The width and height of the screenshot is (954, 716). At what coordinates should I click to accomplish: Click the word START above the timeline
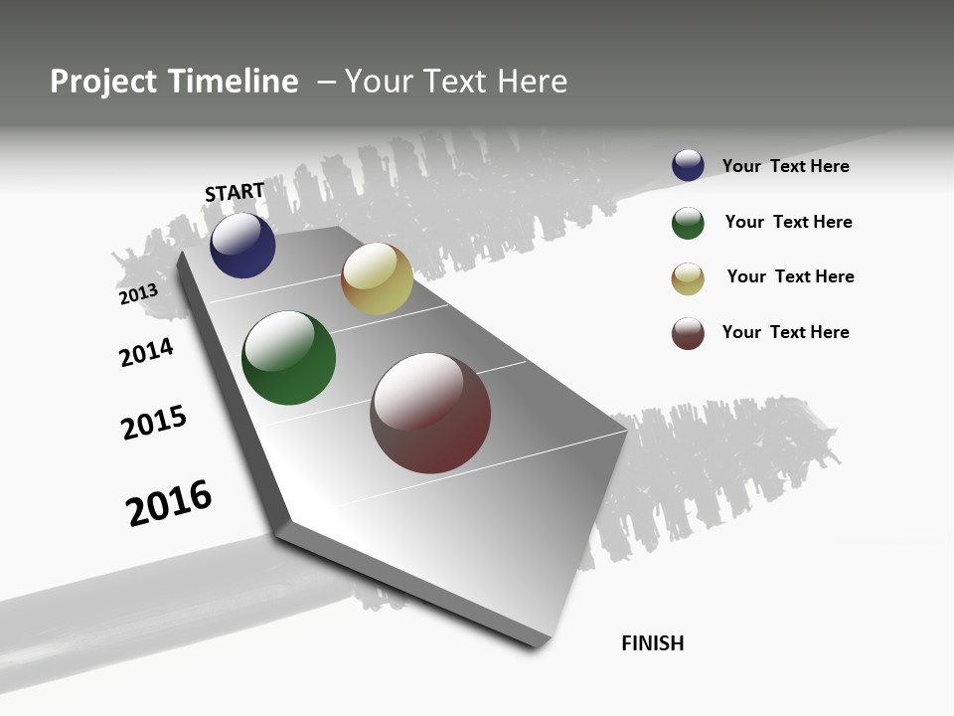coord(235,192)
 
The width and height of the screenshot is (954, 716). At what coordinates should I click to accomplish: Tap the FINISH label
coord(653,643)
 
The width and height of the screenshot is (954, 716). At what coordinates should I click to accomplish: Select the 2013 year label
coord(138,293)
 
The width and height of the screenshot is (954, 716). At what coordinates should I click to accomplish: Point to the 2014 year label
coord(147,352)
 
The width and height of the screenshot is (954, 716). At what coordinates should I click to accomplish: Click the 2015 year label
coord(154,423)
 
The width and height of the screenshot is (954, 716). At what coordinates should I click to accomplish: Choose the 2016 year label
coord(169,503)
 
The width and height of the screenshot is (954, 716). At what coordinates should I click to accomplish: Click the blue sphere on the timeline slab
coord(242,246)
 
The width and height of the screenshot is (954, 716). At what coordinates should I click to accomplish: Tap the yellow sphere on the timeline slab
coord(377,279)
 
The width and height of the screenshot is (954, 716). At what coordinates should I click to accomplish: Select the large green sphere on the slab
coord(288,358)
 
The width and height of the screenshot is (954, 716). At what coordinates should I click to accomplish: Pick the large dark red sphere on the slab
coord(430,413)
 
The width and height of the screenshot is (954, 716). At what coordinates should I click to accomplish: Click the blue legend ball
coord(688,166)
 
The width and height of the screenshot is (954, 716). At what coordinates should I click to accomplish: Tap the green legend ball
coord(688,223)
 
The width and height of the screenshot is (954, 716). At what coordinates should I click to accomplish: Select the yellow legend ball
coord(688,278)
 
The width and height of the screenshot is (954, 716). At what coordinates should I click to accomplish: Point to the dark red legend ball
coord(688,333)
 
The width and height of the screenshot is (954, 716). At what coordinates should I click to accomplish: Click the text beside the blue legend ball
coord(785,166)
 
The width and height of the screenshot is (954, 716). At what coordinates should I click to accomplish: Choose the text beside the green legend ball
coord(788,222)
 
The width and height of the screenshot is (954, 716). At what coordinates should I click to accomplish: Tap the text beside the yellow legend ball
coord(790,276)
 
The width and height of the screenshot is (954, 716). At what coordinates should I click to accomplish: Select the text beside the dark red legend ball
coord(785,332)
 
